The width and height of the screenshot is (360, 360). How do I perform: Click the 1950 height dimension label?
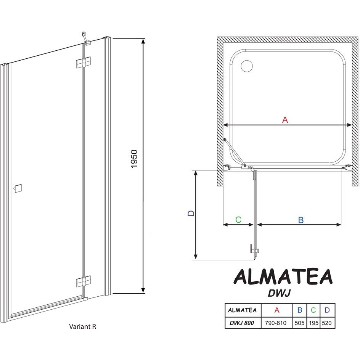coord(134,159)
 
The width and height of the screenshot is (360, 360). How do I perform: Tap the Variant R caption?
coord(82,326)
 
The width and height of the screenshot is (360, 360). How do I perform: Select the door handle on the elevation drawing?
coord(18,188)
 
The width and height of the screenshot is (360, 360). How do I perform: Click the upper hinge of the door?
coord(83,62)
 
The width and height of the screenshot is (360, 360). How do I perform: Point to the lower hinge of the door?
coord(83,281)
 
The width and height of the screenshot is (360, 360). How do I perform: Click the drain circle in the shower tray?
coord(247,66)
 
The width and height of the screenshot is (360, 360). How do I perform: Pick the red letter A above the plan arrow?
coord(285,120)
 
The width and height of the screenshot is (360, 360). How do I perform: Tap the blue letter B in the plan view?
coord(301,220)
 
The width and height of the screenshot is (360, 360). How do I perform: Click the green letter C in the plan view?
coord(238,220)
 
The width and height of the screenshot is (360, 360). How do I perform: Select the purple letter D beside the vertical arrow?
coord(191,213)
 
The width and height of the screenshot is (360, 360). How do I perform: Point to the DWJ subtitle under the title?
coord(280,293)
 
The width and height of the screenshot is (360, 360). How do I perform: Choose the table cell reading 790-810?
coord(275,323)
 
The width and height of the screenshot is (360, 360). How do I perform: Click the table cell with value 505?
coord(299,323)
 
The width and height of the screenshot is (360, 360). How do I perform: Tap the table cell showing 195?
coord(313,323)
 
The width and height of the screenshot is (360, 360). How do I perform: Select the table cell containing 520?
coord(327,323)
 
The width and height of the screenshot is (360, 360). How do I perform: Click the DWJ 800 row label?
coord(242,323)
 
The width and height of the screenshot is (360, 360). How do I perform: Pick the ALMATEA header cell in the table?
coord(242,310)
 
